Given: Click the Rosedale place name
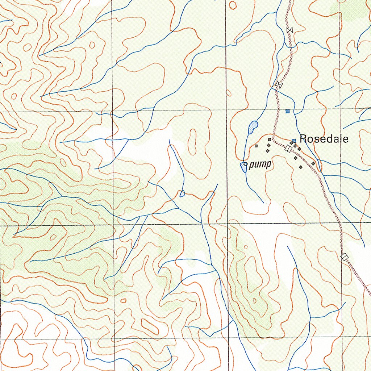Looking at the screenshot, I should pos(324,139).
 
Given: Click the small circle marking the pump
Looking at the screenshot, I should pos(245,164).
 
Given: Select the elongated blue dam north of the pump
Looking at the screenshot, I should pos(253,127).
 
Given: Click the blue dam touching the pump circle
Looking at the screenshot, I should pos(243,167).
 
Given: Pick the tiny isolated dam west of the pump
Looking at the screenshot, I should pos(182,194).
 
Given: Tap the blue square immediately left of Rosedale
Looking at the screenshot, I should pos(294,141).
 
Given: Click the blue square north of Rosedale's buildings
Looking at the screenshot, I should pos(288,111).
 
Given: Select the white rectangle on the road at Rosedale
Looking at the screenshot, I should pos(288,148).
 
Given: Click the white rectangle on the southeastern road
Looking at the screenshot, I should pos(345,257).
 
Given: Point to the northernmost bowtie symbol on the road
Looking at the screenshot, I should pos(289,30).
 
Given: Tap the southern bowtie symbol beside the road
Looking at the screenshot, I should pos(279,85).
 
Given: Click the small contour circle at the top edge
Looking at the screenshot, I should pos(233,4).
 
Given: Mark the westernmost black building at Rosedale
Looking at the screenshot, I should pos(256,146).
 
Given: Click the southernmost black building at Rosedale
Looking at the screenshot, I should pos(301,167).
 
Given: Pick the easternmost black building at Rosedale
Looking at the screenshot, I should pos(313,164).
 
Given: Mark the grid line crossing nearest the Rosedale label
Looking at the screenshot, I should pos(340,109).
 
